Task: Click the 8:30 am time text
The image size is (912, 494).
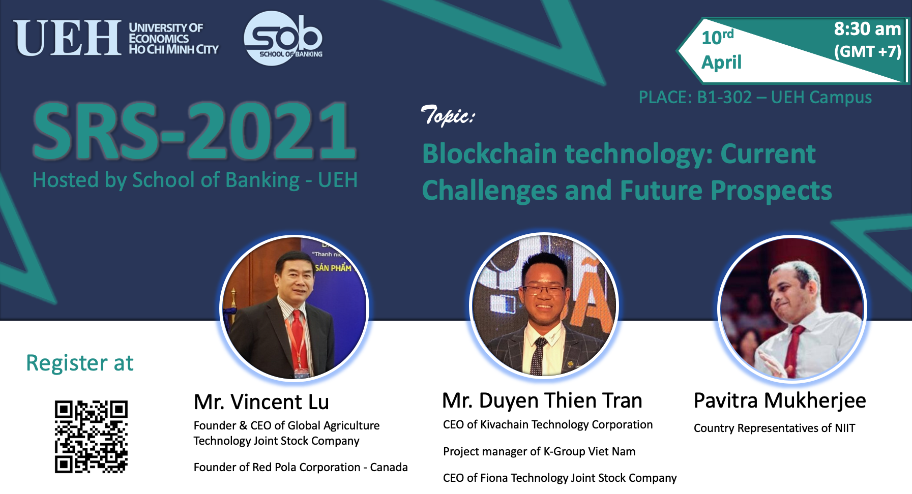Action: click(x=867, y=29)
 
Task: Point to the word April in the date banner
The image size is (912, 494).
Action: click(x=721, y=63)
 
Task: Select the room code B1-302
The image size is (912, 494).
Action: click(x=724, y=97)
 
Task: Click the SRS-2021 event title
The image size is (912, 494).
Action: click(x=194, y=131)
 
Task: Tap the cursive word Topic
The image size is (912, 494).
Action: click(x=448, y=115)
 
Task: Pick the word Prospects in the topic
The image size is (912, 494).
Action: click(x=771, y=192)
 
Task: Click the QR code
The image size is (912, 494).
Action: click(x=91, y=437)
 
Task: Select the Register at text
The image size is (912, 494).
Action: click(x=80, y=363)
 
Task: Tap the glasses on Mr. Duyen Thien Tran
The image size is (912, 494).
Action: click(x=545, y=291)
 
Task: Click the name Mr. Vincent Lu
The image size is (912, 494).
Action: click(x=261, y=402)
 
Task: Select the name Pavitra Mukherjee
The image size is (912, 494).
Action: click(x=780, y=401)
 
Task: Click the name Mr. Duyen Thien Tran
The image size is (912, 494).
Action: click(x=542, y=401)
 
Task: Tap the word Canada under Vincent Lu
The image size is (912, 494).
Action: click(x=389, y=467)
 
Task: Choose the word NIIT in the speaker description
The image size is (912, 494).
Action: click(x=845, y=428)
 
